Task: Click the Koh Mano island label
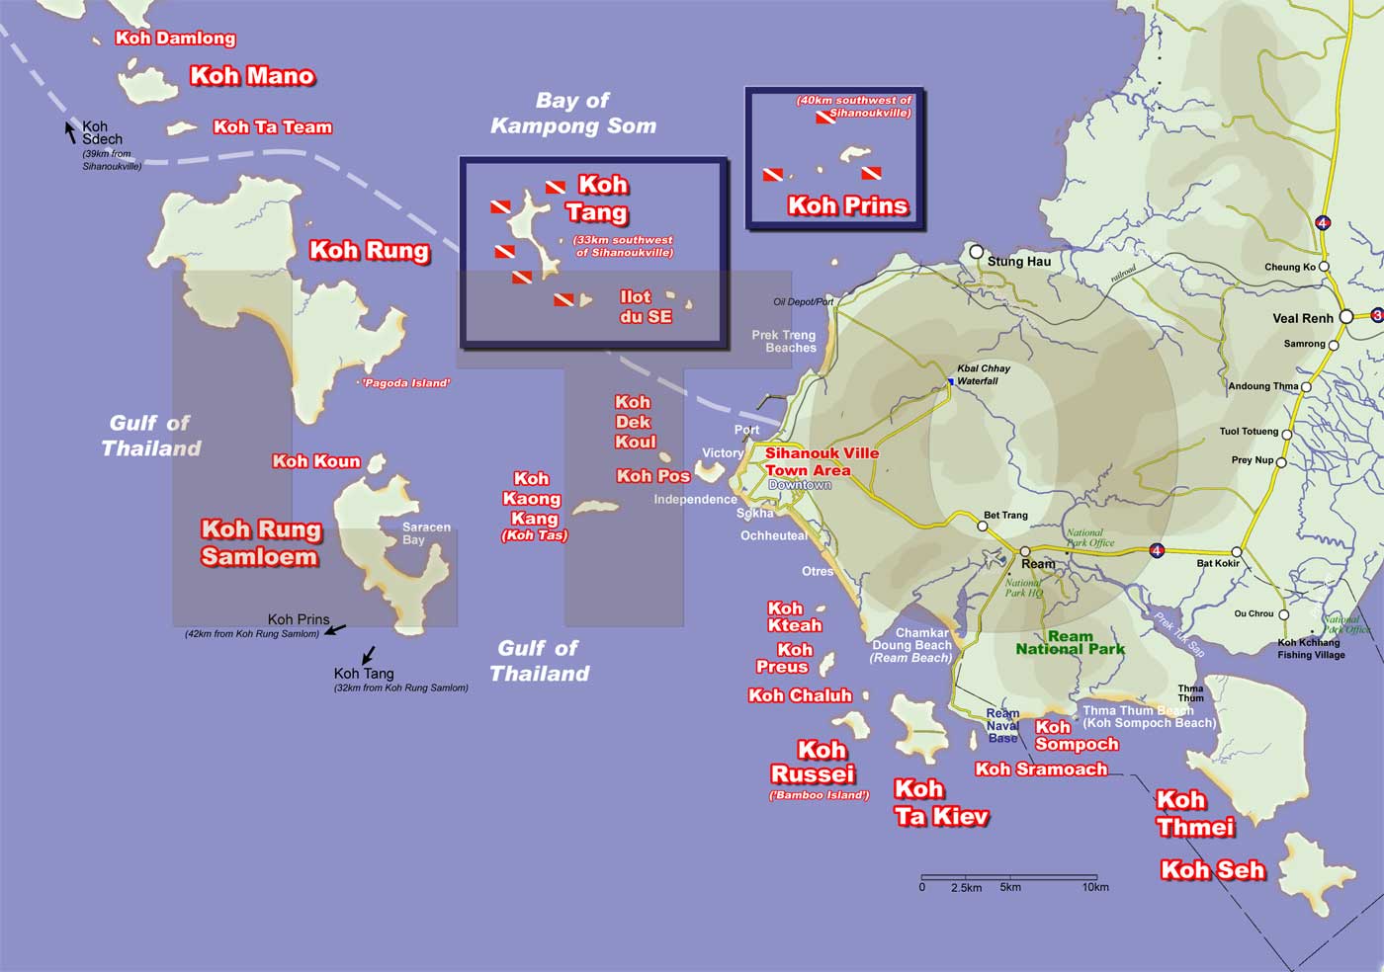coord(252,76)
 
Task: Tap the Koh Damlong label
coord(176,39)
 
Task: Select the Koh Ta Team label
coord(273,126)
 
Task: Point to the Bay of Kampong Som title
coord(573,113)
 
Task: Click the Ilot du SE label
coord(645,306)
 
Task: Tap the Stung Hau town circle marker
coord(977,252)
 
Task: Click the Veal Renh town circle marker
coord(1345,317)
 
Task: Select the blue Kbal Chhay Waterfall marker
coord(950,381)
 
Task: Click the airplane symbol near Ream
coord(995,557)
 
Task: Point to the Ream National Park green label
coord(1071,643)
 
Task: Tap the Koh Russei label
coord(814,762)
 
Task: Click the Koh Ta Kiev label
coord(941,802)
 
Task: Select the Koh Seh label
coord(1213,869)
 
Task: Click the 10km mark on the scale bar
coord(1096,878)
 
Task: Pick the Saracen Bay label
coord(426,533)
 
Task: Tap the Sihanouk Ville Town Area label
coord(809,461)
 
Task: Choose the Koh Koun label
coord(316,461)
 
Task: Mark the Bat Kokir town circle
coord(1237,552)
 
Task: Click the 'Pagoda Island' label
coord(406,383)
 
